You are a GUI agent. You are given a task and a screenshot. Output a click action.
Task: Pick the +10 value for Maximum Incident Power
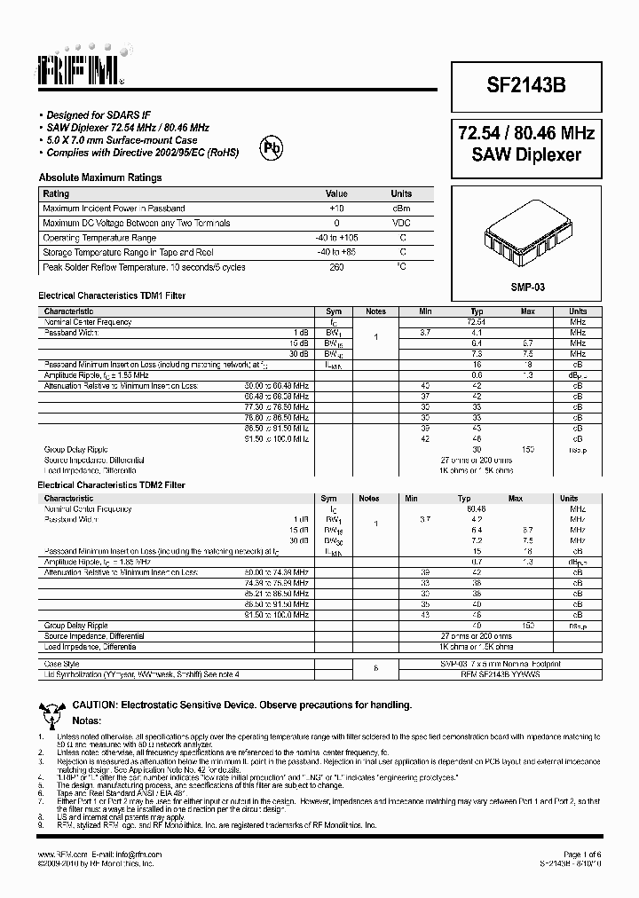click(x=336, y=208)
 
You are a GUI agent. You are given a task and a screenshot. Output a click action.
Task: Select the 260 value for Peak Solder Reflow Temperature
click(x=336, y=267)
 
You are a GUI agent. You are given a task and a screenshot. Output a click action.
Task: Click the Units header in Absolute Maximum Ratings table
click(x=401, y=193)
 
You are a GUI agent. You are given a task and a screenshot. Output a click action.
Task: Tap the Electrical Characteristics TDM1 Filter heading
click(x=111, y=295)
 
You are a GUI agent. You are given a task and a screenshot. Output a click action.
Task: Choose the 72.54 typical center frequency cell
click(x=477, y=322)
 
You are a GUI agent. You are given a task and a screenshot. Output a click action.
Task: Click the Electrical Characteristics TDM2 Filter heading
click(x=111, y=486)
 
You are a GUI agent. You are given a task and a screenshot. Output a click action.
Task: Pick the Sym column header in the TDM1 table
click(x=334, y=311)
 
